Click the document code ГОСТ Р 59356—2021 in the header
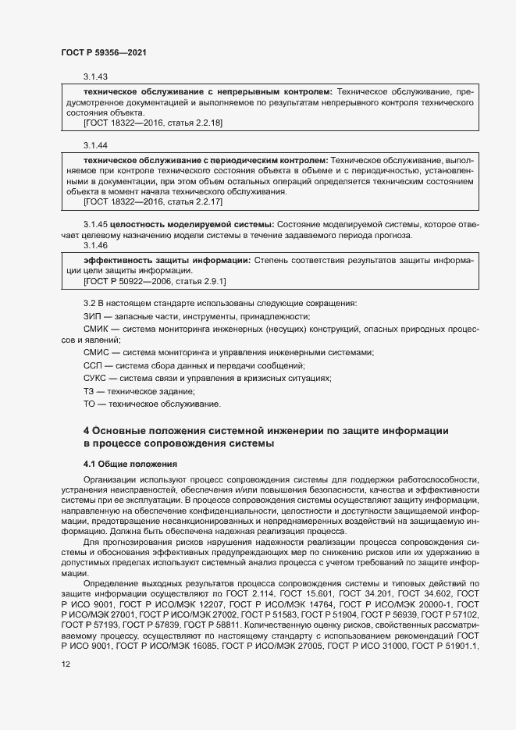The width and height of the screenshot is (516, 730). coord(104,52)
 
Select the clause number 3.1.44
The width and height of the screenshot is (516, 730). coord(95,146)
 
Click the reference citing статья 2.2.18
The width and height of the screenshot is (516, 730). coord(153,123)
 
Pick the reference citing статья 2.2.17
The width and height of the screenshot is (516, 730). coord(153,202)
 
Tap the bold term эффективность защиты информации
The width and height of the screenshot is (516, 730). coord(167,258)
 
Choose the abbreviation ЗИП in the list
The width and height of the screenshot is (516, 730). coord(92,316)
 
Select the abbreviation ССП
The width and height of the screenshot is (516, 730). coord(93,366)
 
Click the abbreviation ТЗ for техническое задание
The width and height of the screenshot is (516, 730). coord(89,391)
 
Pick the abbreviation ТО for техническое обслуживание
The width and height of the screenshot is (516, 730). coord(89,404)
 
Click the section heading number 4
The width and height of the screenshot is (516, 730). coord(87,431)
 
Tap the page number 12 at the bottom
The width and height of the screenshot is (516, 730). coord(66,664)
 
